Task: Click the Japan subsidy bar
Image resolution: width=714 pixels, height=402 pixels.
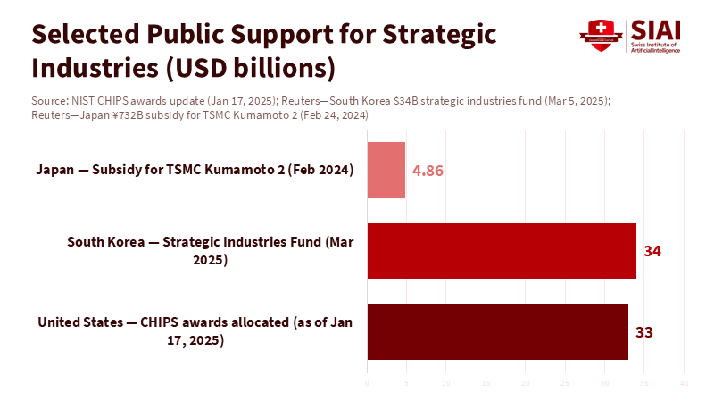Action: pos(386,170)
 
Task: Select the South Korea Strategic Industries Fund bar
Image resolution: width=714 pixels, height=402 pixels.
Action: pos(502,251)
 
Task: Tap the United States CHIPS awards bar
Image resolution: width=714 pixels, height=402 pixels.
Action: pos(498,331)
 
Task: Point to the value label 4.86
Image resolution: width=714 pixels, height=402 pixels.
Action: pos(428,171)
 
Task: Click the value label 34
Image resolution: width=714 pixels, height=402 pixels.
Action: pos(652,251)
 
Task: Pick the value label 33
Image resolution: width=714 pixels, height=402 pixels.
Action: pos(644,332)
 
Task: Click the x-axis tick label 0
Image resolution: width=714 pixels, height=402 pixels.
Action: pos(367,383)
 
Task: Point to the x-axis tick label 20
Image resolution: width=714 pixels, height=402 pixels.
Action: pos(526,383)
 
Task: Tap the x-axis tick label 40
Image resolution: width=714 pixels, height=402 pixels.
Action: pos(684,383)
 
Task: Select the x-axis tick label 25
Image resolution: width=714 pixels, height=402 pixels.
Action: pos(565,383)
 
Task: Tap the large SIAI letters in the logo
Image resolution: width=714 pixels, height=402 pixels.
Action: pos(654,29)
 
